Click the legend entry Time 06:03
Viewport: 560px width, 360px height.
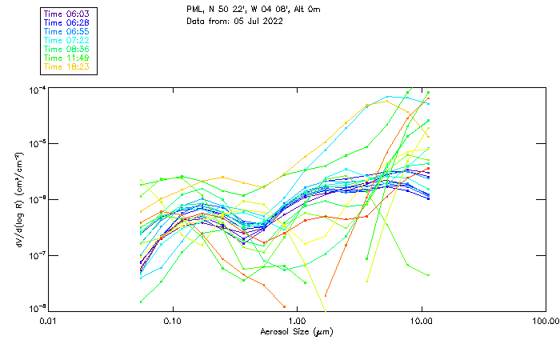pyautogui.click(x=66, y=14)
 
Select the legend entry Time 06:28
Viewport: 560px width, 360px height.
pyautogui.click(x=66, y=22)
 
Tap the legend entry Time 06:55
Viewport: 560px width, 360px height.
pyautogui.click(x=66, y=31)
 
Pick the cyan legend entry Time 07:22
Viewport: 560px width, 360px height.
pyautogui.click(x=66, y=40)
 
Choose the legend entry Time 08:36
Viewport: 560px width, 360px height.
pyautogui.click(x=66, y=49)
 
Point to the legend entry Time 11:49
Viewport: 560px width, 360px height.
pyautogui.click(x=66, y=58)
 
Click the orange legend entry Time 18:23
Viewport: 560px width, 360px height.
pyautogui.click(x=66, y=66)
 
